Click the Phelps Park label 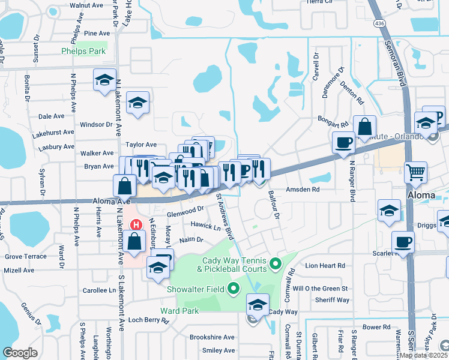[83, 52]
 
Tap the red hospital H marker [136, 225]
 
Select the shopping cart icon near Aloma [415, 172]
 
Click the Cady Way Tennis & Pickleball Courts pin [276, 262]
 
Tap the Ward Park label [179, 311]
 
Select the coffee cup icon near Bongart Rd [343, 142]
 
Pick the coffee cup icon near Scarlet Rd [403, 242]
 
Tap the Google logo [20, 353]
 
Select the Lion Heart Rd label [325, 265]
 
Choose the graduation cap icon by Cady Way [258, 304]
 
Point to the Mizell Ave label [19, 270]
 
